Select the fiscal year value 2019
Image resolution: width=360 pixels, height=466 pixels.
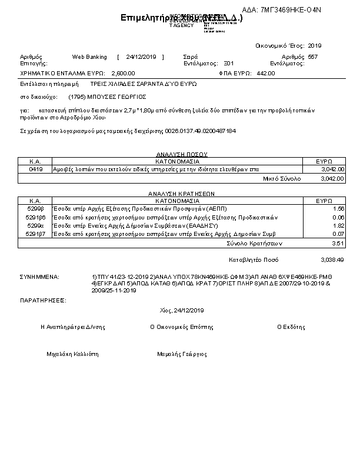(x=315, y=45)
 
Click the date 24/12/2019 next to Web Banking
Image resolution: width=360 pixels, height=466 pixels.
(x=140, y=57)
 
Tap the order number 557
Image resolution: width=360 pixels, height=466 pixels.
(x=312, y=57)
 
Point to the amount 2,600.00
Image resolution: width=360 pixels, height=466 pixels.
(x=123, y=74)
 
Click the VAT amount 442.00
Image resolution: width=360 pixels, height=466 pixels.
(x=266, y=74)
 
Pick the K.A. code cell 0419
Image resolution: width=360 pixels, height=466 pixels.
(x=35, y=169)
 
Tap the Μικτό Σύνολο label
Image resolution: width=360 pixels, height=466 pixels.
(x=282, y=178)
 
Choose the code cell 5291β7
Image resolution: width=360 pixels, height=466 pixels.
(x=35, y=234)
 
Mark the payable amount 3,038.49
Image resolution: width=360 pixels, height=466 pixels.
(x=332, y=259)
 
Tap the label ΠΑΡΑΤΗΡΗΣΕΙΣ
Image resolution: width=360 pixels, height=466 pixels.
(x=42, y=300)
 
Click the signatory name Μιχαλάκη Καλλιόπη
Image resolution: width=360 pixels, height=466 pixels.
(x=72, y=355)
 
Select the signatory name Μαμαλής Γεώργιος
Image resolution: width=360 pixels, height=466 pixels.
(x=182, y=355)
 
